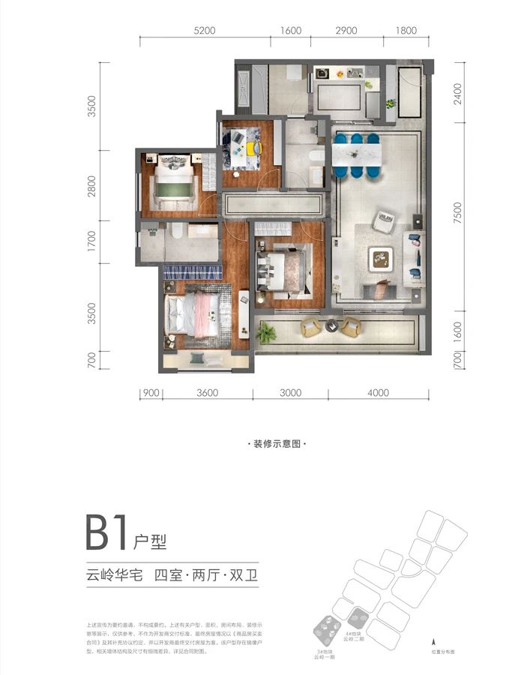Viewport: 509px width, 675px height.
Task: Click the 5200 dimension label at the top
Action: pyautogui.click(x=205, y=31)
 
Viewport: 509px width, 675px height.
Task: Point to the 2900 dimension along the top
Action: pyautogui.click(x=346, y=31)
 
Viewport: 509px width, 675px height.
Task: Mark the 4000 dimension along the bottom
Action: pyautogui.click(x=379, y=392)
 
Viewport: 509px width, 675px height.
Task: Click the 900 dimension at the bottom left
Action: pyautogui.click(x=151, y=392)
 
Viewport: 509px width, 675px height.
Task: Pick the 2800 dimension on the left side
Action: pyautogui.click(x=91, y=184)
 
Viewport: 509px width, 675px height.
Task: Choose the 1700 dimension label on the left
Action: pyautogui.click(x=91, y=241)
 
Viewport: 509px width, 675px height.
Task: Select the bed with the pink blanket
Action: pyautogui.click(x=195, y=312)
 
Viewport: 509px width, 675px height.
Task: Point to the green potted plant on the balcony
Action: pyautogui.click(x=266, y=331)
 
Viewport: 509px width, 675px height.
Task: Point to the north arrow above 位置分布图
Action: pyautogui.click(x=433, y=642)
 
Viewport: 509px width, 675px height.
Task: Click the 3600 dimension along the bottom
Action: pyautogui.click(x=207, y=392)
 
